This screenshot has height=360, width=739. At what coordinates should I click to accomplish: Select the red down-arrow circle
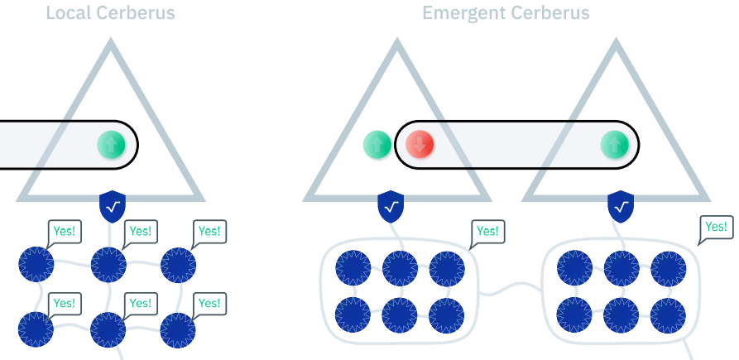point(420,144)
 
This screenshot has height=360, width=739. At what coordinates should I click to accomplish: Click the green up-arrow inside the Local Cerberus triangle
point(112,144)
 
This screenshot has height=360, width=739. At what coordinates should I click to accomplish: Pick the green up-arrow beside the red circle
point(377,144)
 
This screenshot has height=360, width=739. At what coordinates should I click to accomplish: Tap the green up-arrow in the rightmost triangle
point(614,144)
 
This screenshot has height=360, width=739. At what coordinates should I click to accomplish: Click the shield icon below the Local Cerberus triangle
point(113,206)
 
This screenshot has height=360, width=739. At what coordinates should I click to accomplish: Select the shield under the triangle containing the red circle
point(391,206)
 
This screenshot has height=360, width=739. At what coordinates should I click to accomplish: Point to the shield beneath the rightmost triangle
point(621,206)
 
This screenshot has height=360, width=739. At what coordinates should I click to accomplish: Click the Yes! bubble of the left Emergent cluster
point(487,232)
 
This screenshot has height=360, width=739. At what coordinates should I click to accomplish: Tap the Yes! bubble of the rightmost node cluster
point(715,227)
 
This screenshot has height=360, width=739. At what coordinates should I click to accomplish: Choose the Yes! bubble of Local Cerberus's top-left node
point(64,232)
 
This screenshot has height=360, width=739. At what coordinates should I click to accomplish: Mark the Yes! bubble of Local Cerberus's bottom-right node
point(209,304)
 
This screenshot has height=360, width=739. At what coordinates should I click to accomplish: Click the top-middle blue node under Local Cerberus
point(108,264)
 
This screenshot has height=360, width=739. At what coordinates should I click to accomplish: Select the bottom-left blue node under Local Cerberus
point(36,329)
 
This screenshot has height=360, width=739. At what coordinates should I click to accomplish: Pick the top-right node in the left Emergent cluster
point(447,268)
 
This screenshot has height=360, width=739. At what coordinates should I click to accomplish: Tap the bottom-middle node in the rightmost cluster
point(621,315)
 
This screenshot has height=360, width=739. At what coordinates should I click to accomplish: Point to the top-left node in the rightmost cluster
point(574,268)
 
